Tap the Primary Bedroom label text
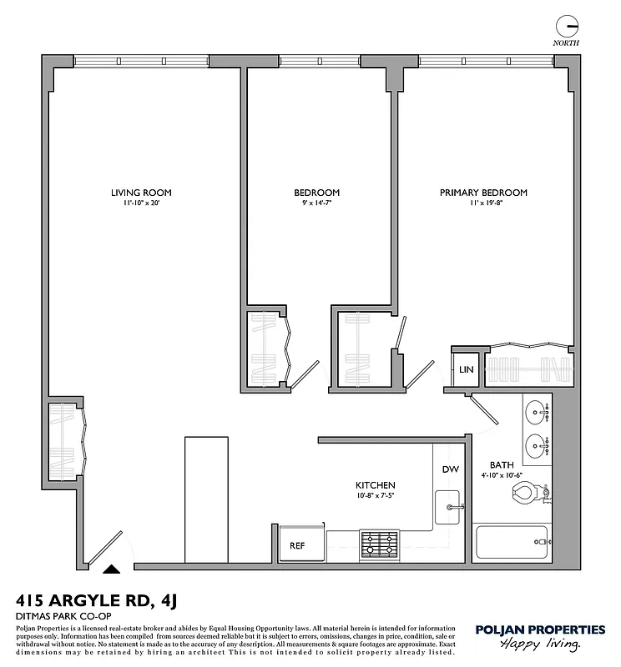483,193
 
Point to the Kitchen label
375,485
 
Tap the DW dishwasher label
450,469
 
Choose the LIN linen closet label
466,369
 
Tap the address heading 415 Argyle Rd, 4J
98,599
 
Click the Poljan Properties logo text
539,629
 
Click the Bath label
502,465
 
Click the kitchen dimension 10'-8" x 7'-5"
375,496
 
